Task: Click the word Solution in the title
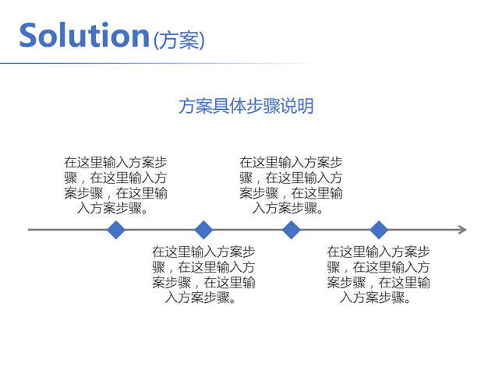tap(84, 36)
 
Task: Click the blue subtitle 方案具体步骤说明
tap(246, 106)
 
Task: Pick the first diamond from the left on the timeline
tap(116, 230)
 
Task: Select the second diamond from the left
tap(203, 230)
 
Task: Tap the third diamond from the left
tap(292, 230)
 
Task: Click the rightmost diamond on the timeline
tap(379, 230)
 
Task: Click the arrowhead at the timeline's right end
tap(462, 230)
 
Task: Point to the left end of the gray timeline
tap(30, 230)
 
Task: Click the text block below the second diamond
tap(203, 274)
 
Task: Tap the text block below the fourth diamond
tap(378, 274)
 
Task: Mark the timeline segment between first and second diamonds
tap(160, 230)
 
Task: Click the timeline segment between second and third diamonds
tap(247, 230)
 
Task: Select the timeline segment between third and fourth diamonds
tap(335, 230)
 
